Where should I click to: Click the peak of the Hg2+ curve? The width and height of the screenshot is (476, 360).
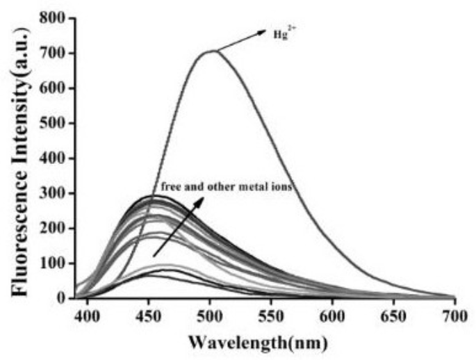tap(211, 51)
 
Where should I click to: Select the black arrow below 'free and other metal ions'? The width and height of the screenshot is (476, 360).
tap(178, 227)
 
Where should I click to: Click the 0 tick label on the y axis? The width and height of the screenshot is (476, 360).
tap(61, 298)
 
